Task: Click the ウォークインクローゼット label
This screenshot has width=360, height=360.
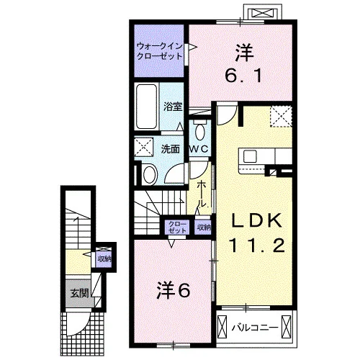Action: (159, 51)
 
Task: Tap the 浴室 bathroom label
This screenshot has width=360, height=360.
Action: (173, 107)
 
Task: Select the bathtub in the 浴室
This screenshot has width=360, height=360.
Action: (146, 106)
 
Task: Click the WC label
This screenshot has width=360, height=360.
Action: (199, 149)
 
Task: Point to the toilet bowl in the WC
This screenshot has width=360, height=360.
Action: (199, 131)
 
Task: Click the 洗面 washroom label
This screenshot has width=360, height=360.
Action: (170, 149)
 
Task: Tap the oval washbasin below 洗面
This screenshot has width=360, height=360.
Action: (149, 174)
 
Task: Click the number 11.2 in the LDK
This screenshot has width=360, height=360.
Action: (257, 245)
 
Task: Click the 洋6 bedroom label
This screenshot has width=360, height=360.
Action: (174, 290)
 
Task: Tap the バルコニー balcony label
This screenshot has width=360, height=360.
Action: (255, 328)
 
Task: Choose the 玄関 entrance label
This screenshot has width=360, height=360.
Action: (80, 293)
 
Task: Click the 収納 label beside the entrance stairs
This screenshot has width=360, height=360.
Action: (104, 259)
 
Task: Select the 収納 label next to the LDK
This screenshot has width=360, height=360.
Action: (204, 227)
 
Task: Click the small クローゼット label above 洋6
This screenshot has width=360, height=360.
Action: (177, 227)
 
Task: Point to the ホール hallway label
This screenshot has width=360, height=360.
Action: (201, 194)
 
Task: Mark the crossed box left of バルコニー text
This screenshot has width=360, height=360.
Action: (222, 327)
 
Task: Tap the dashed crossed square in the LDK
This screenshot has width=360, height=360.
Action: (281, 117)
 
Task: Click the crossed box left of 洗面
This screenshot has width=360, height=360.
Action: (143, 147)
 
